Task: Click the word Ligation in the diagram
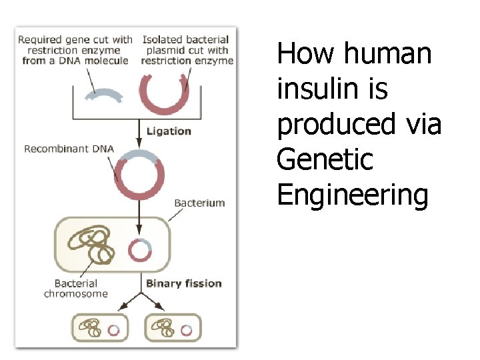pos(169,131)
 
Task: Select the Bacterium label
pos(199,203)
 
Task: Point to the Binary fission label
pos(184,283)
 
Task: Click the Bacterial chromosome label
pos(76,289)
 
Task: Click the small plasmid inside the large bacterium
pos(140,249)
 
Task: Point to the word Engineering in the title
pos(352,196)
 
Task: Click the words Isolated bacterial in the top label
pos(185,40)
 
